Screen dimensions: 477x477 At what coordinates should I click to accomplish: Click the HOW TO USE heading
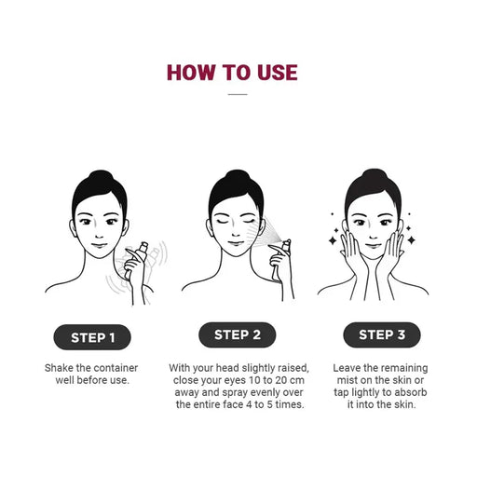click(x=232, y=73)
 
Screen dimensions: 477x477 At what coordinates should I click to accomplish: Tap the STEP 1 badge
click(x=92, y=337)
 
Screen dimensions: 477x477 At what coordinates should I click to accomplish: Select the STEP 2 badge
click(x=238, y=334)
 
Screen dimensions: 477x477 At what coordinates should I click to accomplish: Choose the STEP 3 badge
click(x=382, y=334)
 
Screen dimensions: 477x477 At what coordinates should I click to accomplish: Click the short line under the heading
click(x=238, y=94)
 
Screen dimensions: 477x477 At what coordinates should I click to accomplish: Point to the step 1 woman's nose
click(x=99, y=235)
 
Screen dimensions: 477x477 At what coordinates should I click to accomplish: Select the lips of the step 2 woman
click(x=236, y=244)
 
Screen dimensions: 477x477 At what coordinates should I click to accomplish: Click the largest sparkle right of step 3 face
click(x=412, y=239)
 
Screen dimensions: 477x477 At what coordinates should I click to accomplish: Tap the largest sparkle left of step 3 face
click(x=333, y=240)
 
